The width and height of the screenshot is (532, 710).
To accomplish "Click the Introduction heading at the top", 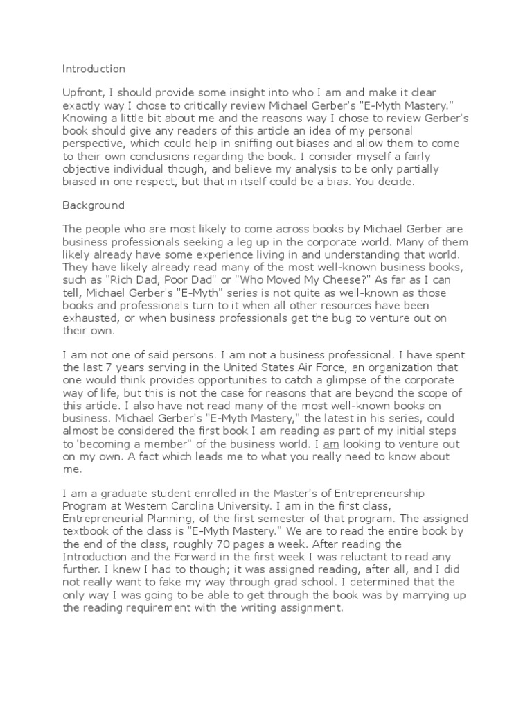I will [94, 69].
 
